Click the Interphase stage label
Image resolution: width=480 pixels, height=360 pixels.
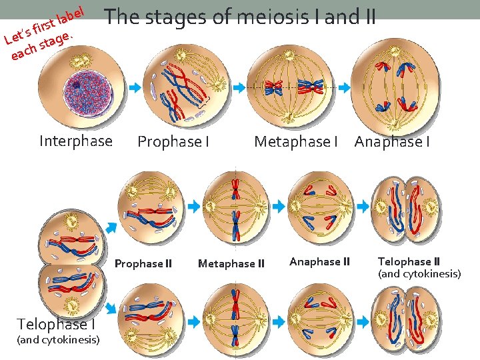coord(76,141)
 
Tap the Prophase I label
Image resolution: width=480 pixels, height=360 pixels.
coord(173,141)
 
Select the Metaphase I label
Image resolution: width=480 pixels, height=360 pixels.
coord(296,141)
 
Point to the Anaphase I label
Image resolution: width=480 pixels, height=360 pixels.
coord(392,141)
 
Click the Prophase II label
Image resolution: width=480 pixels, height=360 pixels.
coord(143,263)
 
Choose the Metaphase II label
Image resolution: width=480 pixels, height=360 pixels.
coord(231,263)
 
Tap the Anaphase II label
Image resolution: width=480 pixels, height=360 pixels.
coord(319,262)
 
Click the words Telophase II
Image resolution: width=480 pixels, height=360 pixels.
coord(409,262)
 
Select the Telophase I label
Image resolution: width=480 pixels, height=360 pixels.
coord(56,324)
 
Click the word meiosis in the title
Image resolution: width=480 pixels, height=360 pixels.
coord(273,17)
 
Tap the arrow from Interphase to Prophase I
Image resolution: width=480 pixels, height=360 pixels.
coord(135,87)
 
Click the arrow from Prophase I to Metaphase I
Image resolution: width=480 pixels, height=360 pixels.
coord(239,87)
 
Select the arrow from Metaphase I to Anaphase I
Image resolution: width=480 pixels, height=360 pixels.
coord(345,87)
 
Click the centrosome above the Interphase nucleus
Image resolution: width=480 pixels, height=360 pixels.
coord(81,61)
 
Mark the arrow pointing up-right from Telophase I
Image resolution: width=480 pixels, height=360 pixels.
coord(111,228)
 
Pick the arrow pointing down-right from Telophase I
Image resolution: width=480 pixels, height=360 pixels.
coord(111,308)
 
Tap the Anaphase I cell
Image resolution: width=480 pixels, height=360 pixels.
coord(395,87)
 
